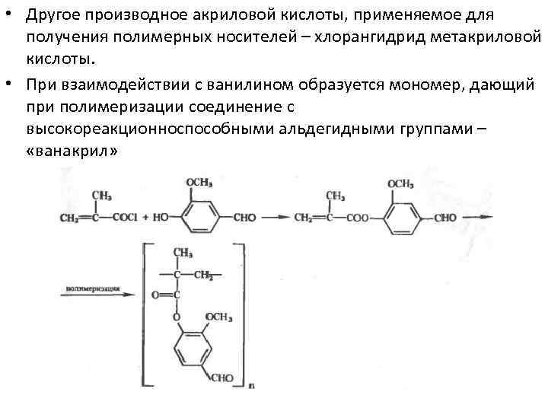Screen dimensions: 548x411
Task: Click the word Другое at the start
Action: coord(53,16)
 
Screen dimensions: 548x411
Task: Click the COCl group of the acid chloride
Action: coord(123,218)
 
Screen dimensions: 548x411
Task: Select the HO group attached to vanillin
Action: coord(161,218)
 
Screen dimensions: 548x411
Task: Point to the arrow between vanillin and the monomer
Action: coord(276,218)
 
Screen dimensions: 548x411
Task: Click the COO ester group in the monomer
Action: coord(356,218)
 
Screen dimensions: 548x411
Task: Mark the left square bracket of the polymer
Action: coord(142,312)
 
